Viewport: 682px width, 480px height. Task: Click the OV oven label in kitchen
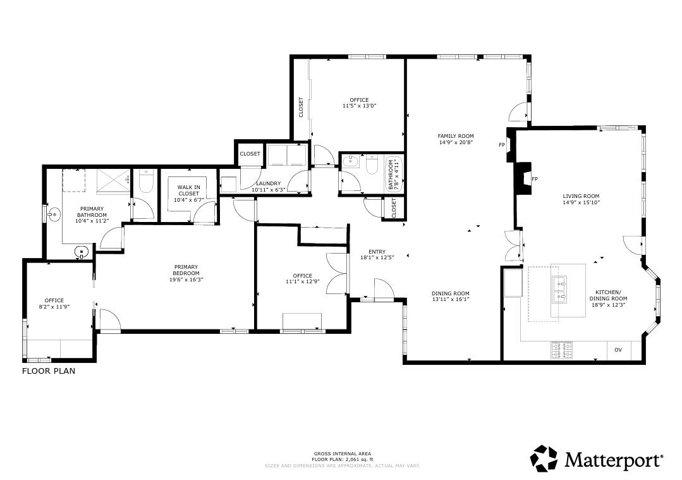(618, 350)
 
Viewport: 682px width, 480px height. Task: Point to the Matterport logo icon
(544, 458)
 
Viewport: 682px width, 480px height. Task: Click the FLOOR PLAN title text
(49, 371)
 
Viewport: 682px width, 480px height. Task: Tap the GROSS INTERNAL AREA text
(343, 454)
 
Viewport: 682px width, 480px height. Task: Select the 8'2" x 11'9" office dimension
(54, 307)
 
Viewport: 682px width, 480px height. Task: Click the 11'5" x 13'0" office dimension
(359, 106)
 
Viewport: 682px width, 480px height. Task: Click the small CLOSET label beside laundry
(250, 154)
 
